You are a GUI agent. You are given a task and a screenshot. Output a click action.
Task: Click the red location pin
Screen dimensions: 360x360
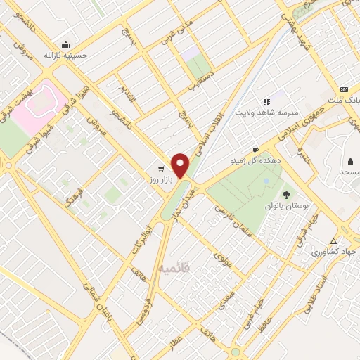point(181,165)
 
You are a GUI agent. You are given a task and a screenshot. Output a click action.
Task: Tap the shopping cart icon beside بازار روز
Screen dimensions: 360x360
point(162,169)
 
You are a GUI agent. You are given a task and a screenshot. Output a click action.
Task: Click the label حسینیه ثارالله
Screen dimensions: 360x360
point(65,55)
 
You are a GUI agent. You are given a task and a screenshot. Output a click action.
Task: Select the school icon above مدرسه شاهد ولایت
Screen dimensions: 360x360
point(266,102)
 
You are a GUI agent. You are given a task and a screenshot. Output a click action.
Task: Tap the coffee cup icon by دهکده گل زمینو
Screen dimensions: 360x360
point(255,150)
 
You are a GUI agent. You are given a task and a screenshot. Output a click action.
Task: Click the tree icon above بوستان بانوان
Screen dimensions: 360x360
point(285,195)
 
